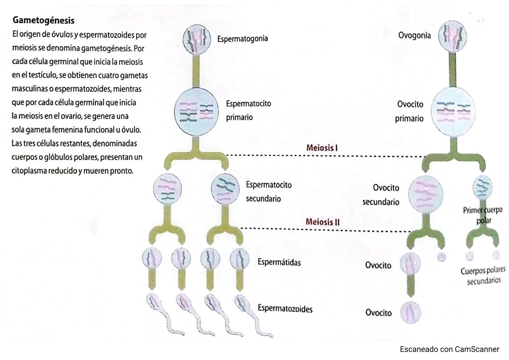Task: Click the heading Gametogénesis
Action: [43, 20]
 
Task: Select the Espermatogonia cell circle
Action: [197, 39]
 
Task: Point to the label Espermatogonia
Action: [243, 39]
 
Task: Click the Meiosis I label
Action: [322, 148]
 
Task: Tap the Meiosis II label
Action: [322, 222]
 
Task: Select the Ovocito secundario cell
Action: [426, 193]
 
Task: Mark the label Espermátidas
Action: [279, 262]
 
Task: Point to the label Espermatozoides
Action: [285, 309]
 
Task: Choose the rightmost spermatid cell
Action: [240, 258]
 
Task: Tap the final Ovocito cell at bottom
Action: [410, 313]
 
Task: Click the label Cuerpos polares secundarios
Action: [483, 275]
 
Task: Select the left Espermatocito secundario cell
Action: [168, 189]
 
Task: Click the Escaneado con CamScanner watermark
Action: [449, 349]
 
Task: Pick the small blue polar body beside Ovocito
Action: [441, 257]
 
